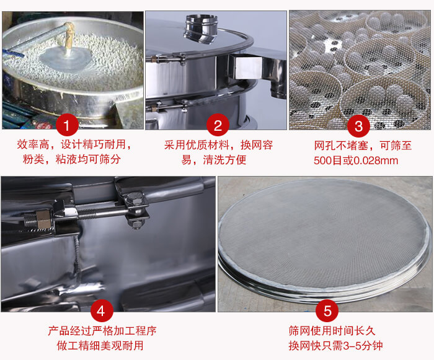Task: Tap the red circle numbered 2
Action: [218, 126]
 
